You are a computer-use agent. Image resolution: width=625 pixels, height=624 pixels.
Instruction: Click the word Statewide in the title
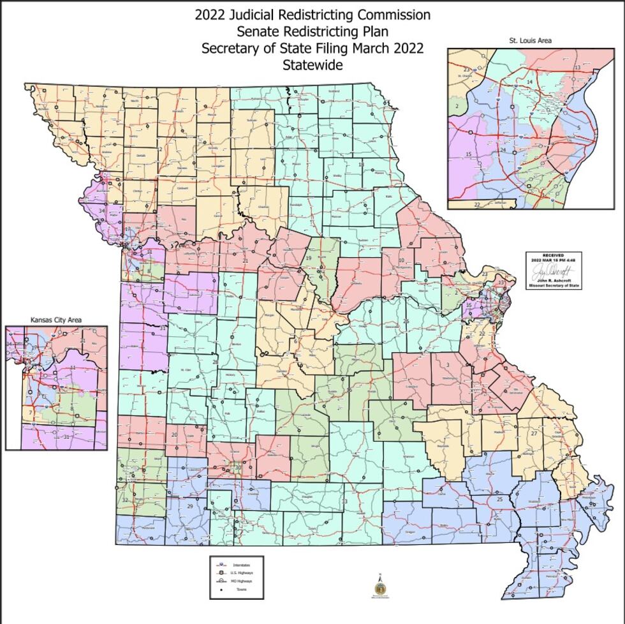[312, 65]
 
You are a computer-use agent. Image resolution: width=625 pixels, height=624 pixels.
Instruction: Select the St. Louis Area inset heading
[530, 40]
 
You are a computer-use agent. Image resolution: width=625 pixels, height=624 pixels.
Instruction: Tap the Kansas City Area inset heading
[56, 320]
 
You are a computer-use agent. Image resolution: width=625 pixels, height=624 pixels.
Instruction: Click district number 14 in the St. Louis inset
[529, 82]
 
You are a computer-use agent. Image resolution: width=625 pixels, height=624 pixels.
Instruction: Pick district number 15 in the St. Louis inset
[468, 154]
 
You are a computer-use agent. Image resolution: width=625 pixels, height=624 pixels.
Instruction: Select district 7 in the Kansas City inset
[30, 413]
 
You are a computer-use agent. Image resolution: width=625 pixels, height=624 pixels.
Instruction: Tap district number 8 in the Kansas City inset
[72, 408]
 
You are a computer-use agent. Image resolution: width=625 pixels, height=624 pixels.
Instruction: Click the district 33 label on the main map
[344, 501]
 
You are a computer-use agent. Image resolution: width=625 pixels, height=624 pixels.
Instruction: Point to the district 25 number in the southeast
[500, 499]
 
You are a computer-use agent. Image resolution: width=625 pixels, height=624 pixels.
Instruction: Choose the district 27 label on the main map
[534, 433]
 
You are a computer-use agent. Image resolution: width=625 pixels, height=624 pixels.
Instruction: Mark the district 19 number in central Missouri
[308, 258]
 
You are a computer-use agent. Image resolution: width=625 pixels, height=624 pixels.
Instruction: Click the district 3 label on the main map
[448, 364]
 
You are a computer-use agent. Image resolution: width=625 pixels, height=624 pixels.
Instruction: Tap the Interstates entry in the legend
[242, 565]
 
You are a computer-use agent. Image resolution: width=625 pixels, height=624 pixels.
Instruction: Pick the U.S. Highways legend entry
[242, 573]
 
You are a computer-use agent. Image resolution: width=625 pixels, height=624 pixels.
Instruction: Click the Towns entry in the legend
[242, 589]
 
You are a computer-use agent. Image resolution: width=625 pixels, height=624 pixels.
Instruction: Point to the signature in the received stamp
[554, 271]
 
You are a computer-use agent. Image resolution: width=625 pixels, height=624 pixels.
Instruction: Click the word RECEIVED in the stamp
[554, 255]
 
